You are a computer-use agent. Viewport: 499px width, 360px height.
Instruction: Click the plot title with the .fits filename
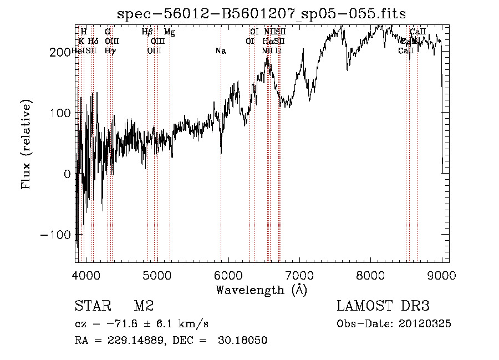262,13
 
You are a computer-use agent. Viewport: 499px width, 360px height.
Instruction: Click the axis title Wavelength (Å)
261,290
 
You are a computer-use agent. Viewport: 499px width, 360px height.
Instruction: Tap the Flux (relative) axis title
26,144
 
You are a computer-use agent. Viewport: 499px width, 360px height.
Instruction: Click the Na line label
220,51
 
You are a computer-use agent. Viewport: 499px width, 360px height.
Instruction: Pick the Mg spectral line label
170,32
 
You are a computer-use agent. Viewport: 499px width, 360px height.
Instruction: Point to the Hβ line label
147,32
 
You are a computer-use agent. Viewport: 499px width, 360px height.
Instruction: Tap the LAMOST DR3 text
383,306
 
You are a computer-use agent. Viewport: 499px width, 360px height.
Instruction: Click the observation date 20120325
425,324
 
